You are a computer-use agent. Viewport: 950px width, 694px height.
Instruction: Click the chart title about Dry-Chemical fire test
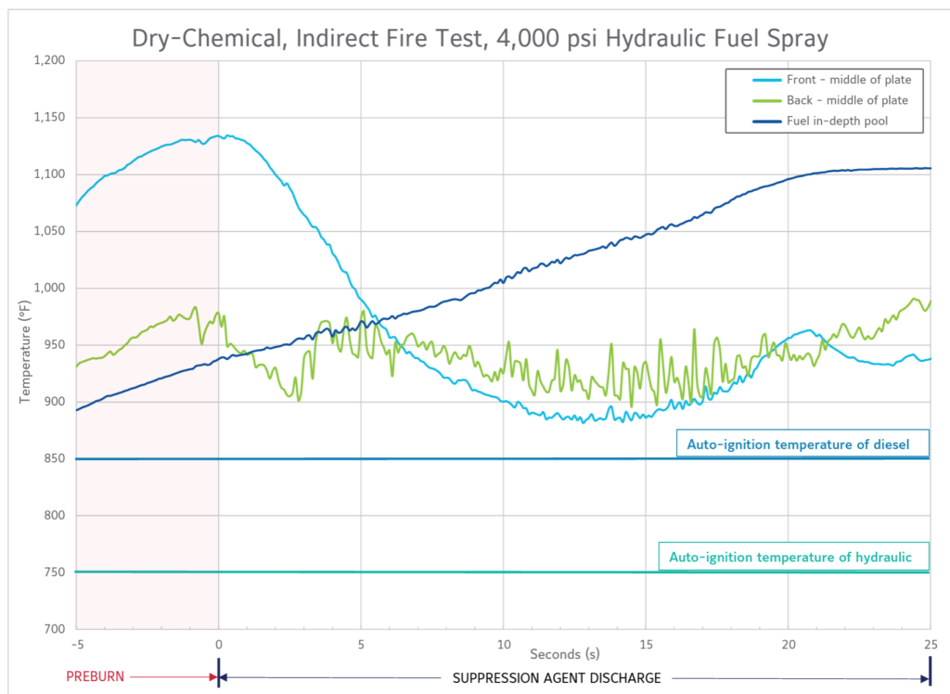tap(479, 38)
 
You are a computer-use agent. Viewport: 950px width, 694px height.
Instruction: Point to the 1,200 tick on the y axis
tap(48, 61)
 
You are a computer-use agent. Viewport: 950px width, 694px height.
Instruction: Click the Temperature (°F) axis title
tap(26, 344)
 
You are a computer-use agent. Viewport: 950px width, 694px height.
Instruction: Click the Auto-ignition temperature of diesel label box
tap(802, 444)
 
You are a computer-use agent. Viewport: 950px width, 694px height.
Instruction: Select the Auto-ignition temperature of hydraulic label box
tap(792, 557)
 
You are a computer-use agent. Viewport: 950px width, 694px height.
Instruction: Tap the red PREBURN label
tap(94, 677)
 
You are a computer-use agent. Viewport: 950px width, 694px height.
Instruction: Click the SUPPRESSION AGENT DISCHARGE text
tap(556, 677)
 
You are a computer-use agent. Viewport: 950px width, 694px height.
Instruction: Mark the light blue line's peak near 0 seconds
tap(223, 135)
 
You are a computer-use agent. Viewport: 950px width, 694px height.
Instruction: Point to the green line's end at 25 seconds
tap(930, 301)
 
